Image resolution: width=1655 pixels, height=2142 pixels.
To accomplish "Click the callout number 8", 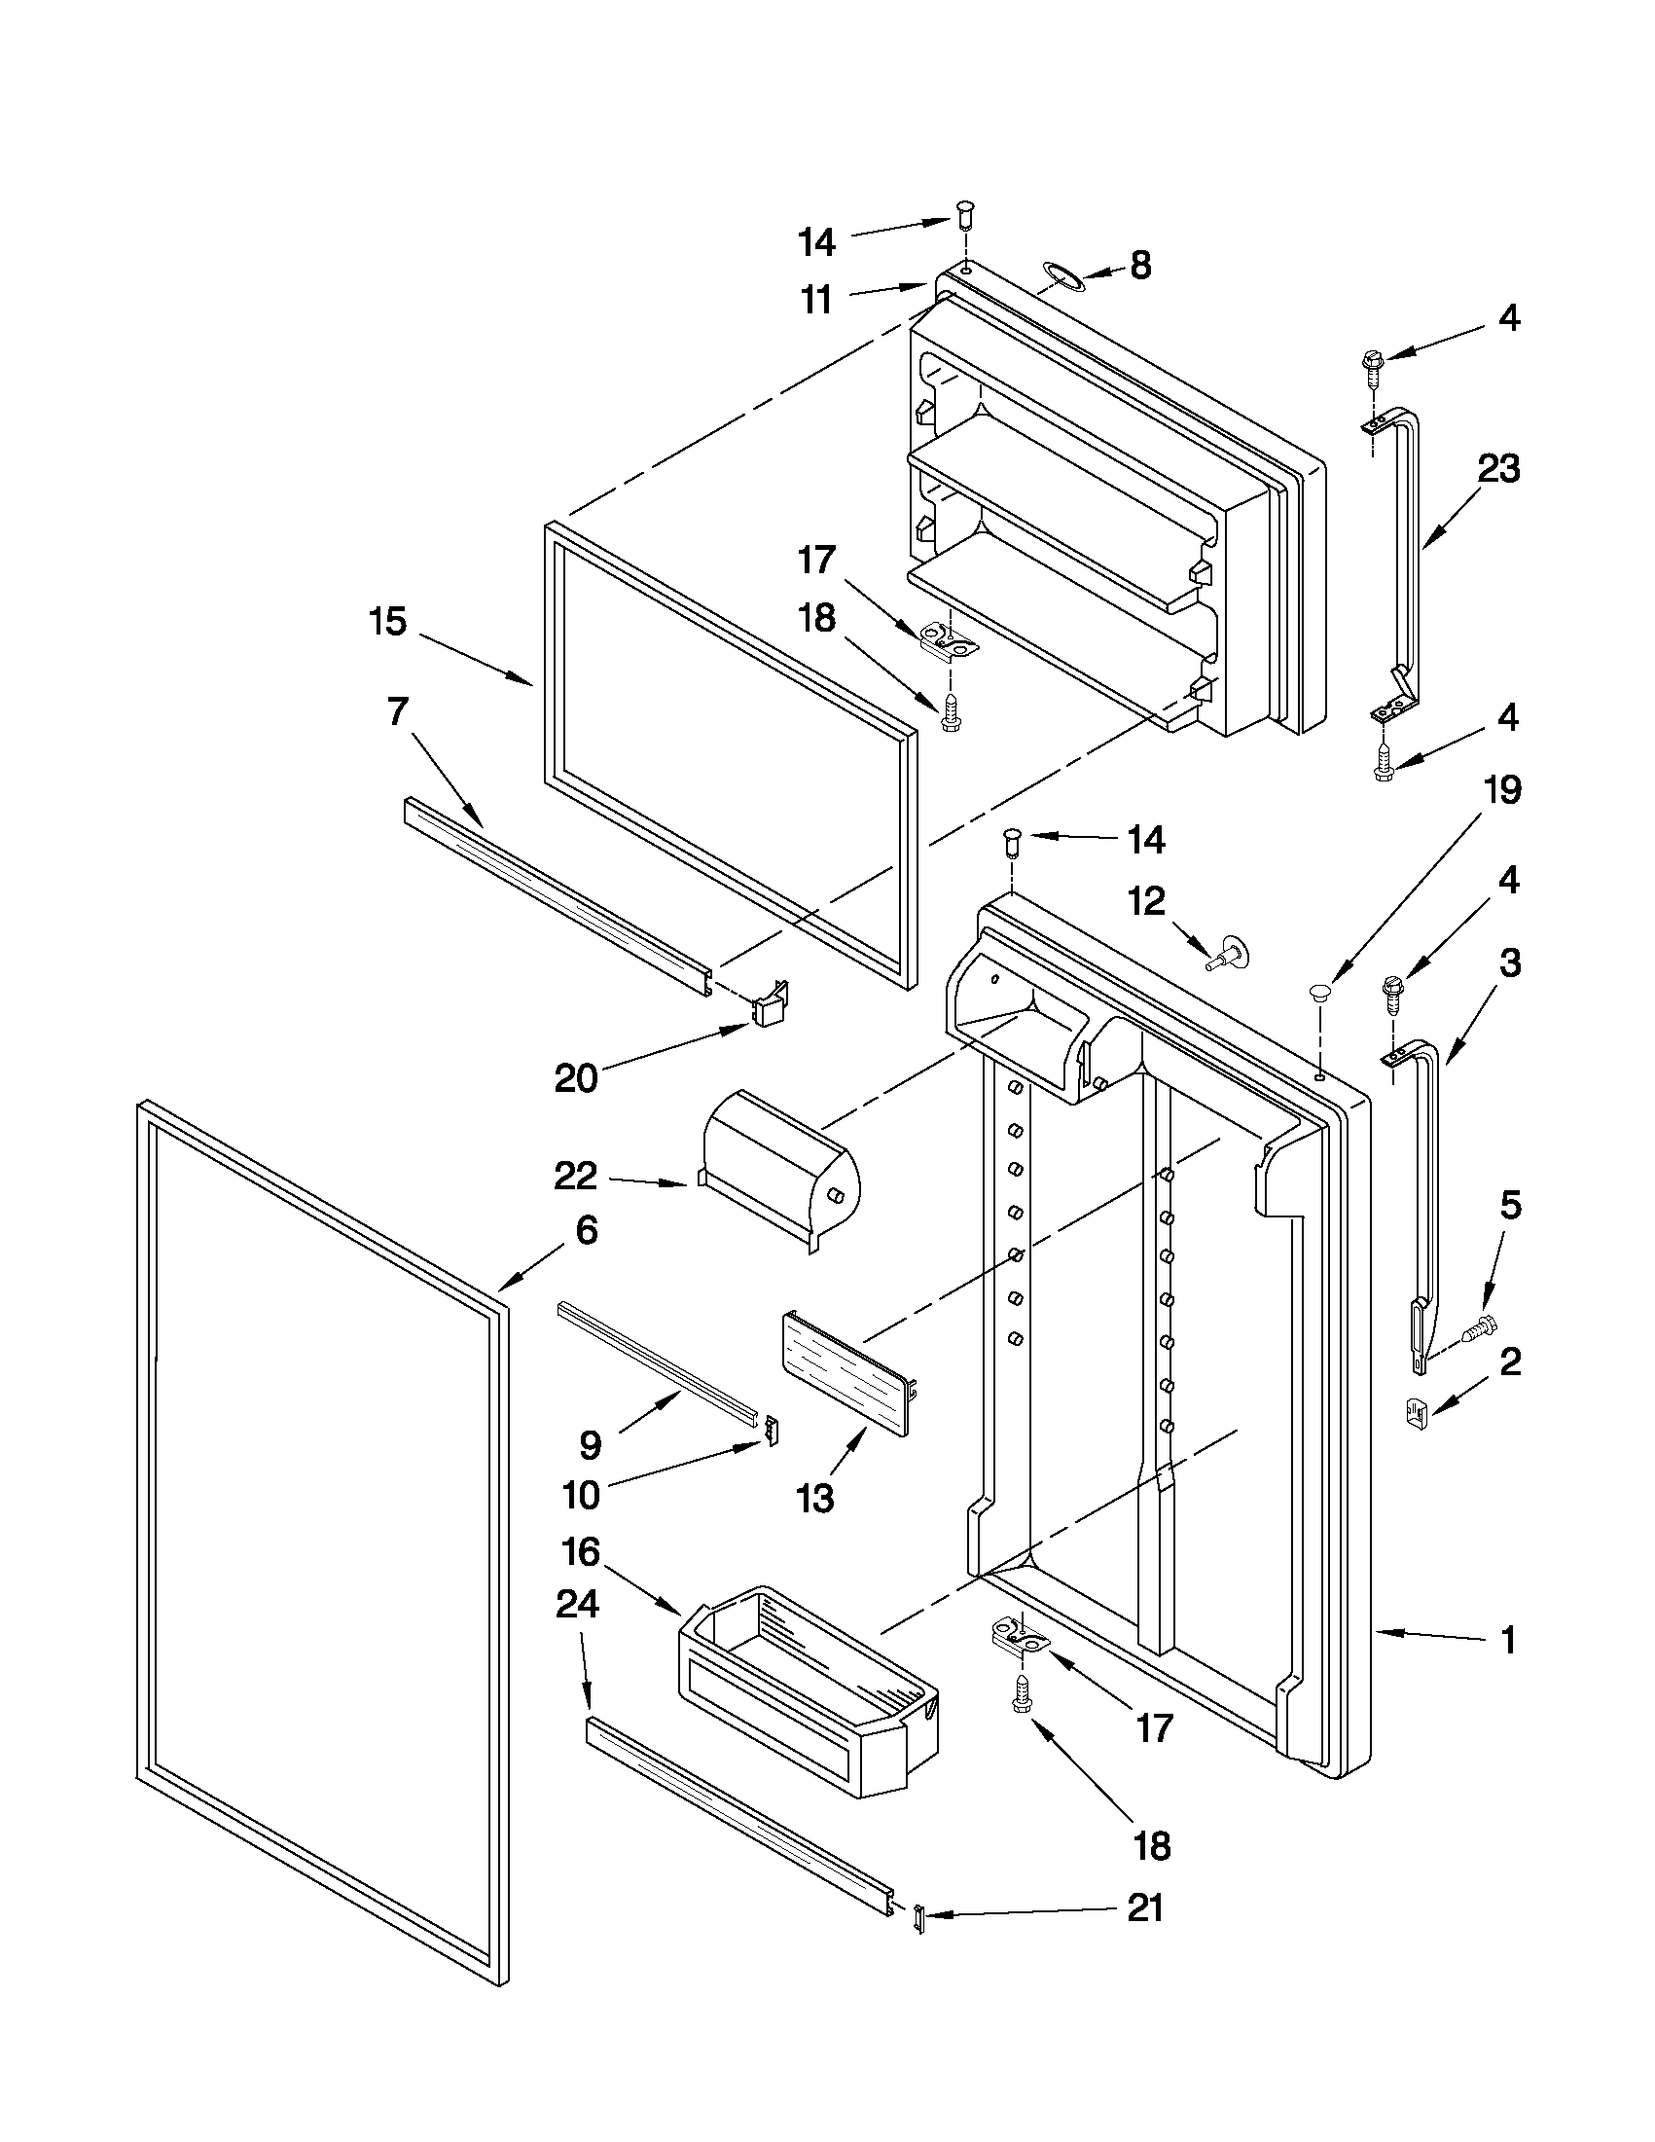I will [1139, 265].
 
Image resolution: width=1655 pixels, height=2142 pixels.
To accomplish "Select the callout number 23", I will [1498, 468].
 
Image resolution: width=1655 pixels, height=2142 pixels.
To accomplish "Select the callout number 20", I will [576, 1079].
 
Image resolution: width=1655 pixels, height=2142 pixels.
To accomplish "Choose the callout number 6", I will [586, 1230].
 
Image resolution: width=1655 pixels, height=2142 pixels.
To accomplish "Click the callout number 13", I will [814, 1499].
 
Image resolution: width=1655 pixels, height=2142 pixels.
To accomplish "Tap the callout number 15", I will [388, 622].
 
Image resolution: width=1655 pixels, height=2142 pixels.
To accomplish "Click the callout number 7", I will [396, 712].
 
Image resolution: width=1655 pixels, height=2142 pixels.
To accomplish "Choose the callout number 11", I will [816, 299].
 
